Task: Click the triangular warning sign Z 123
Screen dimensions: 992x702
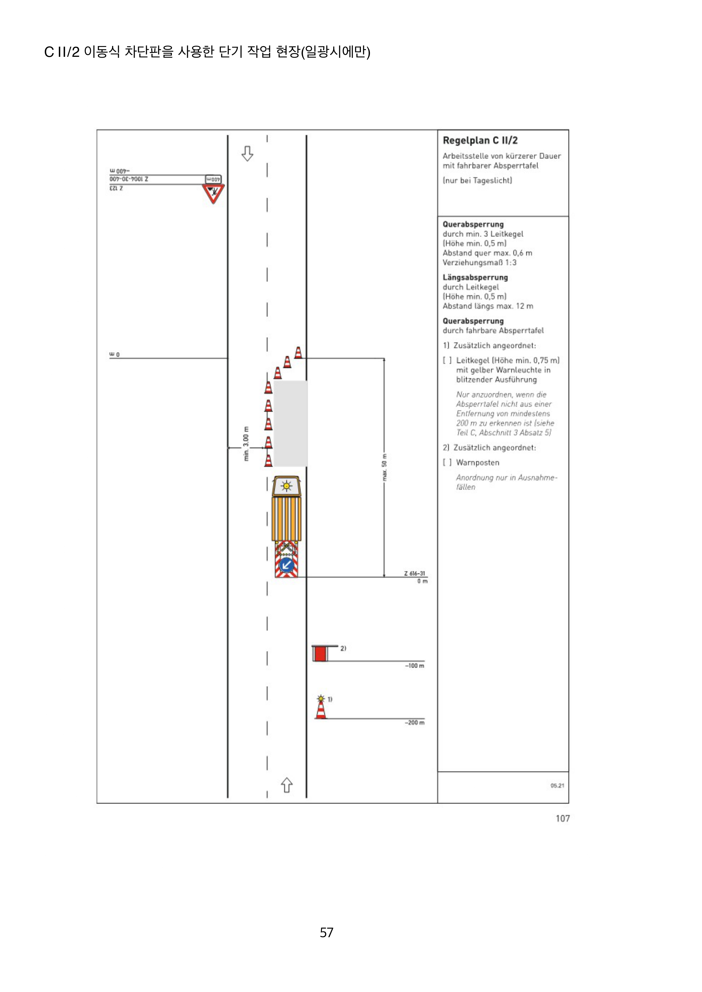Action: click(213, 193)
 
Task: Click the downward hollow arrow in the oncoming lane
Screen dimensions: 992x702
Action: click(247, 154)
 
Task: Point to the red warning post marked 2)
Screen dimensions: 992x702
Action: click(320, 654)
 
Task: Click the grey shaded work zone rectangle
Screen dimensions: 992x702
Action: click(290, 423)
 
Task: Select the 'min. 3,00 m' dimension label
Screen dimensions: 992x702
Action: click(246, 444)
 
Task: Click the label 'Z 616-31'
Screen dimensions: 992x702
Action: click(414, 573)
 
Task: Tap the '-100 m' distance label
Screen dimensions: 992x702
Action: click(414, 666)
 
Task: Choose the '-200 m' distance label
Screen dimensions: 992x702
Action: click(414, 722)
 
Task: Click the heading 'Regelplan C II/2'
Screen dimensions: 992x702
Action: click(480, 141)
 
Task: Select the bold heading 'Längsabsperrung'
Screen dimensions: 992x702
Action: click(475, 277)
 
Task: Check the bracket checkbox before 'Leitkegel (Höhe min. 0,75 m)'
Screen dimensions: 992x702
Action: click(447, 360)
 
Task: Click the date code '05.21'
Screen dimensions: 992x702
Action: click(557, 785)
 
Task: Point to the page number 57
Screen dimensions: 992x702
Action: click(327, 932)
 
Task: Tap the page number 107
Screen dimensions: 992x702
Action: click(563, 818)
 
